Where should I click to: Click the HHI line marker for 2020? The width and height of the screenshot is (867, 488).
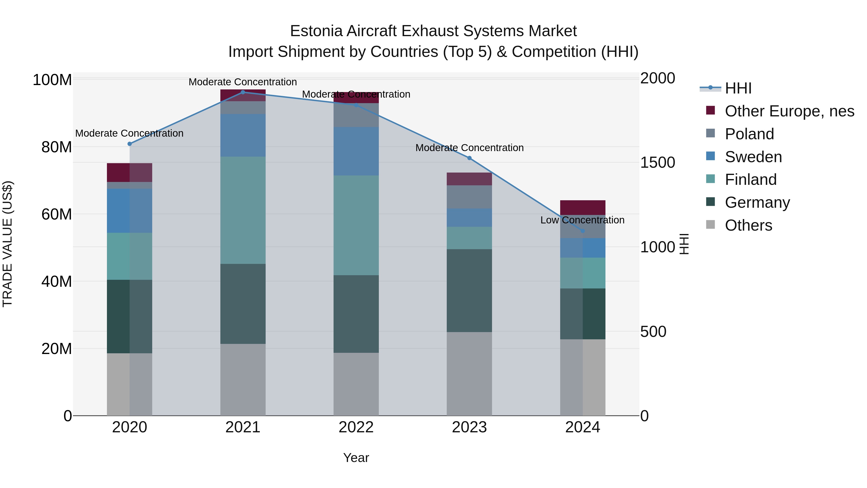pos(130,144)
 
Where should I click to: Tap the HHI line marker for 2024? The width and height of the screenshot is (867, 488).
pos(583,231)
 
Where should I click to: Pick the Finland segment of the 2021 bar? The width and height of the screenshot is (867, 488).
pos(243,210)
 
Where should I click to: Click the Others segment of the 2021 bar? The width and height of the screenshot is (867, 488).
pos(243,380)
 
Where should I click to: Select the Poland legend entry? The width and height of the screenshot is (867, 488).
pos(749,134)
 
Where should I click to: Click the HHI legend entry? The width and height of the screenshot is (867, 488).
pos(738,88)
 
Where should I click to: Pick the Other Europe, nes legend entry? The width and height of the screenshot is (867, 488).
pos(789,111)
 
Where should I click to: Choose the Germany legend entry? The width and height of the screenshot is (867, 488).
pos(757,202)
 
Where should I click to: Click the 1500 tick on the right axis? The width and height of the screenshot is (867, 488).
pos(657,163)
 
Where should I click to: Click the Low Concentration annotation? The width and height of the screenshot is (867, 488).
pos(582,220)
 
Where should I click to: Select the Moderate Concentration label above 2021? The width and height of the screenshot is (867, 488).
pos(243,82)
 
